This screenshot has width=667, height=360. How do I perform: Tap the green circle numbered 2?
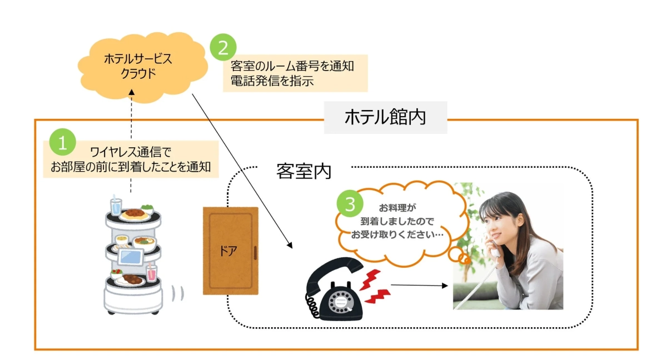pos(223,48)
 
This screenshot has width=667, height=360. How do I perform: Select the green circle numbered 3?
pos(350,204)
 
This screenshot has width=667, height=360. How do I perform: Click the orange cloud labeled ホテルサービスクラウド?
pos(138,66)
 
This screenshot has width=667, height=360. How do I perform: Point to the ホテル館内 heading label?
pos(385,117)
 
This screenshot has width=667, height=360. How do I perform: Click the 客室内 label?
pos(303,171)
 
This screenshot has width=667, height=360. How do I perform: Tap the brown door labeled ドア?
pos(230,250)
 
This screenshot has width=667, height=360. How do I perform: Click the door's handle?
pos(255,253)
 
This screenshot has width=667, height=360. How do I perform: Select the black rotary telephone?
pos(333,292)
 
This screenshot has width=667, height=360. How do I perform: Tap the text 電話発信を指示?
pos(272,81)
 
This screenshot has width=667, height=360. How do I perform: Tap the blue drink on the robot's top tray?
pos(116,206)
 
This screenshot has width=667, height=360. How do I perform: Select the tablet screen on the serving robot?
pos(132,257)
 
